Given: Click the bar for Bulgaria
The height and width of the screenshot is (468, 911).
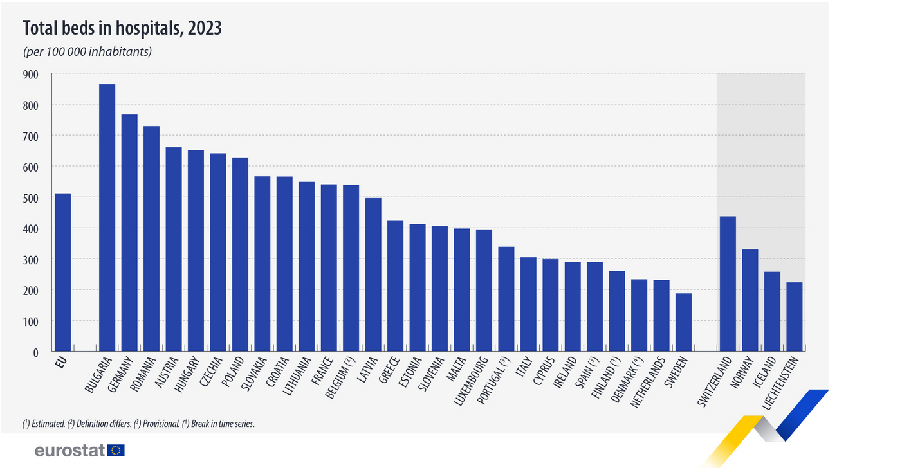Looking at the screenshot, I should (x=107, y=218).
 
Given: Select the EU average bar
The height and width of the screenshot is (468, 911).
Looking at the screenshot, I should (x=62, y=273).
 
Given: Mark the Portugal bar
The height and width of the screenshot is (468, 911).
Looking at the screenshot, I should (x=506, y=299).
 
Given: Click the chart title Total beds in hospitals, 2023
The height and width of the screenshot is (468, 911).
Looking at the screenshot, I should (x=122, y=28).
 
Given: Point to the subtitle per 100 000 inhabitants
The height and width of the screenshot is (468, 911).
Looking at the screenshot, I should (x=87, y=51).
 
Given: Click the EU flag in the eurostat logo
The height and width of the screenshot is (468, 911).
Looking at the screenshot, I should (x=116, y=450).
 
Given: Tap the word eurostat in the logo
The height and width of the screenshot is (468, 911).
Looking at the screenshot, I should (x=70, y=451).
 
